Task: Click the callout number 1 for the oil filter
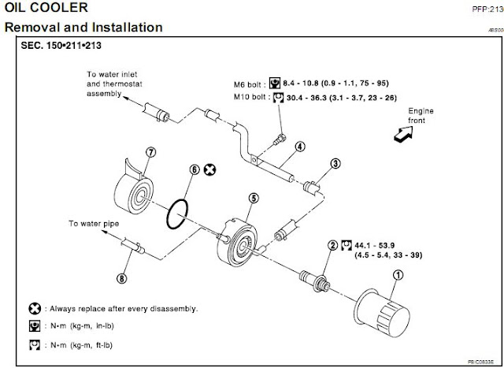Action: (x=397, y=274)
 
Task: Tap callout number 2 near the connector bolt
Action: (x=333, y=247)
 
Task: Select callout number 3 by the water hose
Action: (x=335, y=164)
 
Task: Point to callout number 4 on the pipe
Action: (x=300, y=146)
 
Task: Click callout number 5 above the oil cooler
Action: (x=253, y=200)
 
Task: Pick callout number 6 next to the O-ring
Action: (x=195, y=169)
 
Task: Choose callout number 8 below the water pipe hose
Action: (x=121, y=277)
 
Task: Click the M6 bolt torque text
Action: (x=331, y=81)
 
